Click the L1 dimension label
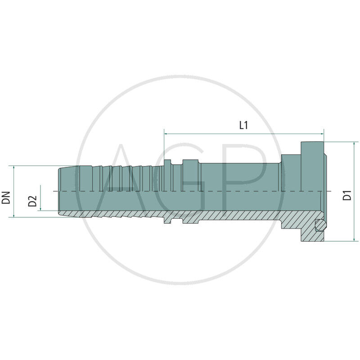(x=243, y=126)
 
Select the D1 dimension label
(x=347, y=196)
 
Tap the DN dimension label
(x=6, y=197)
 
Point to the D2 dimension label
(x=32, y=201)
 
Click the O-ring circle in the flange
(x=320, y=225)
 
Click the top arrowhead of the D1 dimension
(x=356, y=144)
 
